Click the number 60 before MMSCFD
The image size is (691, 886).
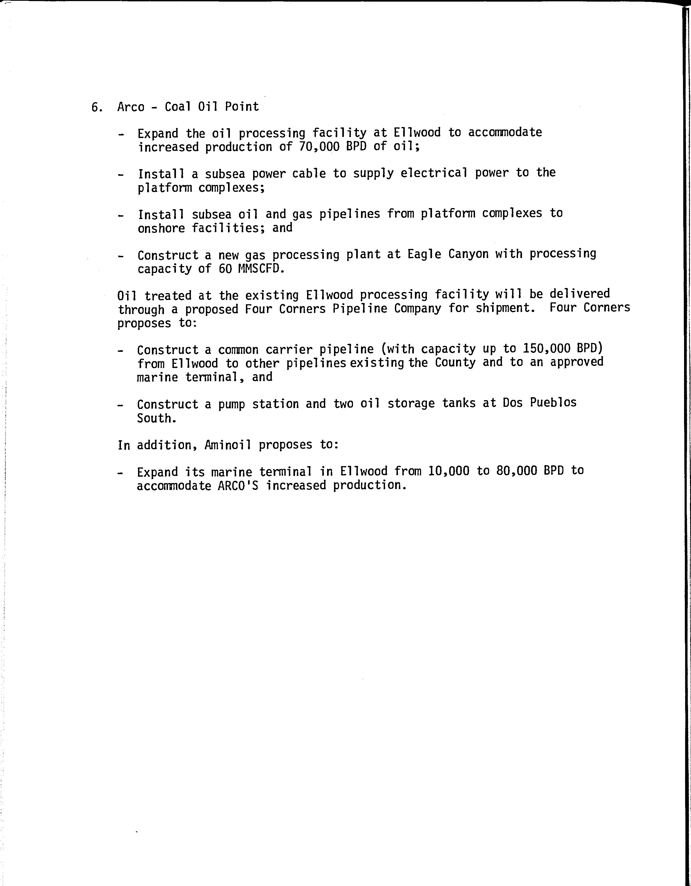pyautogui.click(x=225, y=268)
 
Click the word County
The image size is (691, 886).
pyautogui.click(x=455, y=362)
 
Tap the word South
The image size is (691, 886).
pyautogui.click(x=156, y=418)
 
